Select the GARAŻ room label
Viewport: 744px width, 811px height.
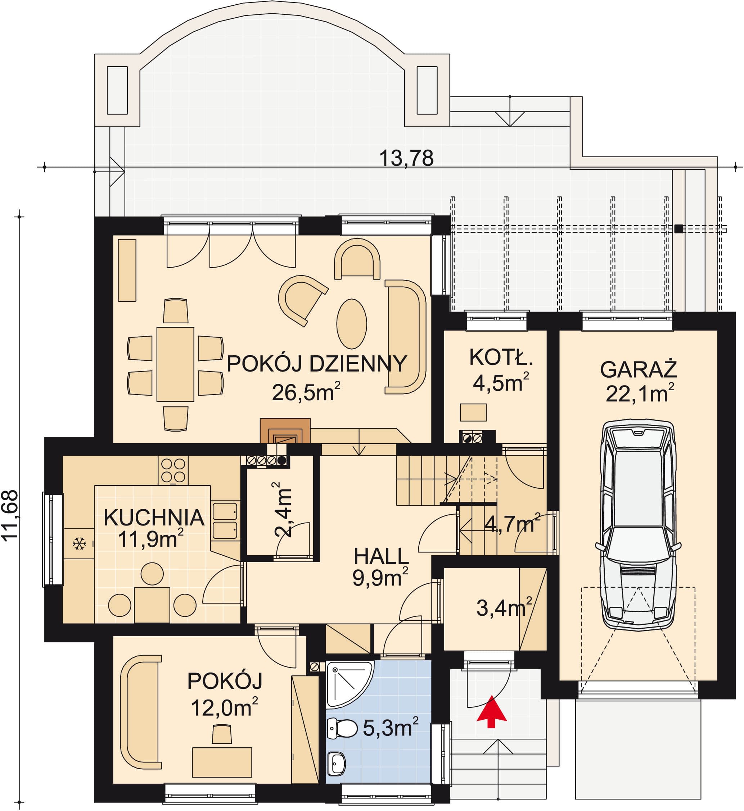pyautogui.click(x=639, y=369)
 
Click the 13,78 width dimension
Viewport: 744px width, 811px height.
pyautogui.click(x=406, y=158)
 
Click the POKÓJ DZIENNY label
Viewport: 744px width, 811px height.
pyautogui.click(x=317, y=364)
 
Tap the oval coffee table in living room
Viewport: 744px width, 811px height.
pyautogui.click(x=351, y=324)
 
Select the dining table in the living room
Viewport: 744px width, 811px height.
pyautogui.click(x=175, y=364)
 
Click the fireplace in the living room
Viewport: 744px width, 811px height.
pyautogui.click(x=285, y=431)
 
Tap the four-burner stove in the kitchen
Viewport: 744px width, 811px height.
pyautogui.click(x=173, y=471)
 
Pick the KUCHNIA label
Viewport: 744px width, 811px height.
pyautogui.click(x=154, y=518)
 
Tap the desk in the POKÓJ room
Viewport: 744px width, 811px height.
pyautogui.click(x=222, y=762)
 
